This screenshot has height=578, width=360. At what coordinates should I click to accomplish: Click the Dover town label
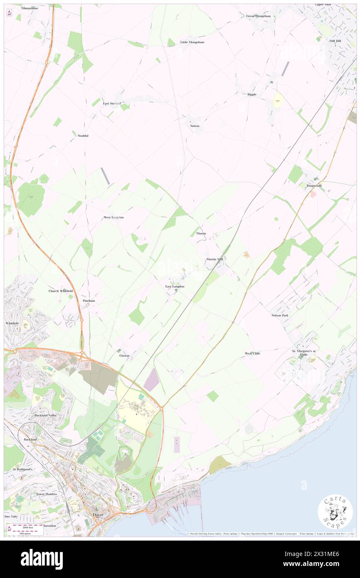pyautogui.click(x=98, y=514)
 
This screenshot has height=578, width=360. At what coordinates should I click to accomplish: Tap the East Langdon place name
pyautogui.click(x=175, y=287)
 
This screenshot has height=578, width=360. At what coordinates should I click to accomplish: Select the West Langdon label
pyautogui.click(x=113, y=217)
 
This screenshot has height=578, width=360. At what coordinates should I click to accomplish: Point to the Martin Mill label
pyautogui.click(x=215, y=259)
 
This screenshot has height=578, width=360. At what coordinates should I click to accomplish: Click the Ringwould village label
pyautogui.click(x=314, y=185)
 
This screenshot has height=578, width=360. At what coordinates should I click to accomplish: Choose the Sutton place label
pyautogui.click(x=195, y=126)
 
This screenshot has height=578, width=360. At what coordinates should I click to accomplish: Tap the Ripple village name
pyautogui.click(x=252, y=94)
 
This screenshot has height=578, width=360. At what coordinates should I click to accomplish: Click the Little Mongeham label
pyautogui.click(x=192, y=42)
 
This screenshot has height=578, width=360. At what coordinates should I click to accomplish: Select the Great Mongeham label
pyautogui.click(x=259, y=16)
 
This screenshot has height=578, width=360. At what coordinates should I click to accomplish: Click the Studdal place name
pyautogui.click(x=83, y=136)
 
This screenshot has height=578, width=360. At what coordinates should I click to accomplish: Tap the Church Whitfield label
pyautogui.click(x=60, y=291)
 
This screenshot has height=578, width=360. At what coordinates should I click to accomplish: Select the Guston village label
pyautogui.click(x=125, y=356)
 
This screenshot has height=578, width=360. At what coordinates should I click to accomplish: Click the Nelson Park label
pyautogui.click(x=280, y=316)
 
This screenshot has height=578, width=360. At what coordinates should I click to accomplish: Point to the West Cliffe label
pyautogui.click(x=252, y=353)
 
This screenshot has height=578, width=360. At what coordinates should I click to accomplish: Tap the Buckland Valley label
pyautogui.click(x=46, y=415)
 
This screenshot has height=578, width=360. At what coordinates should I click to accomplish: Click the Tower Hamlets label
pyautogui.click(x=46, y=494)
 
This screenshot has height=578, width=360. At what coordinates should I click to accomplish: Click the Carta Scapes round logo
pyautogui.click(x=335, y=511)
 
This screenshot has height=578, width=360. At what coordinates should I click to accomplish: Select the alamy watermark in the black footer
pyautogui.click(x=42, y=559)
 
